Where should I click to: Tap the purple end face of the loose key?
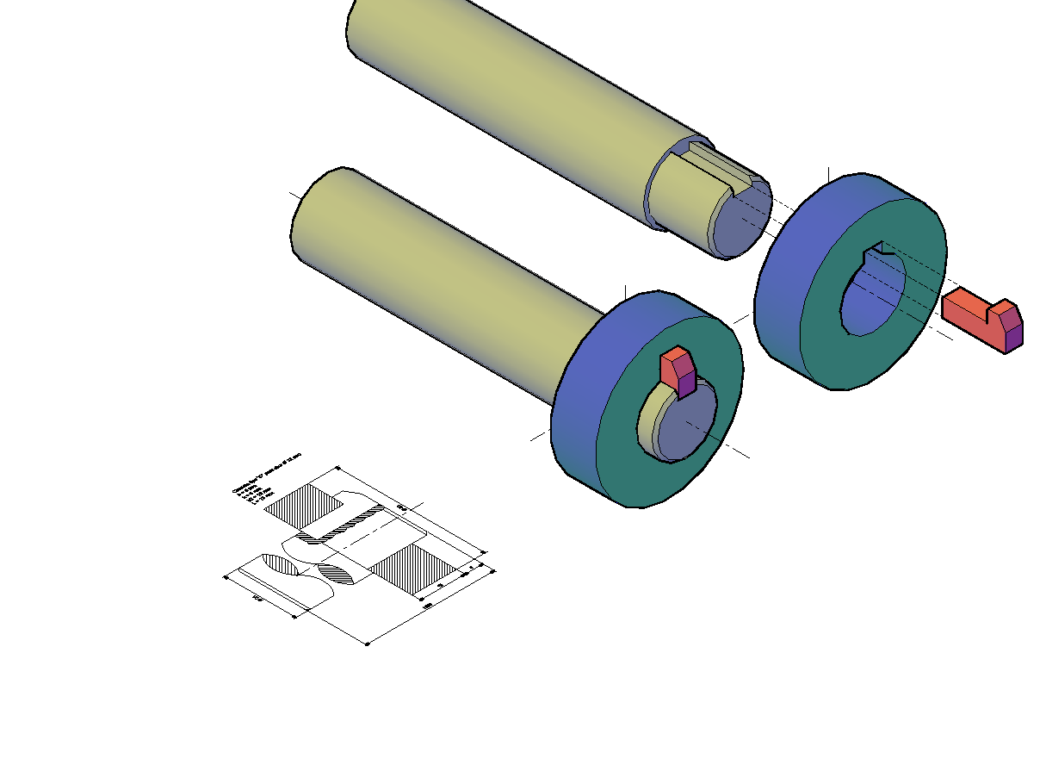pyautogui.click(x=1014, y=333)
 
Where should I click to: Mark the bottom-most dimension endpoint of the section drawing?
pyautogui.click(x=368, y=644)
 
